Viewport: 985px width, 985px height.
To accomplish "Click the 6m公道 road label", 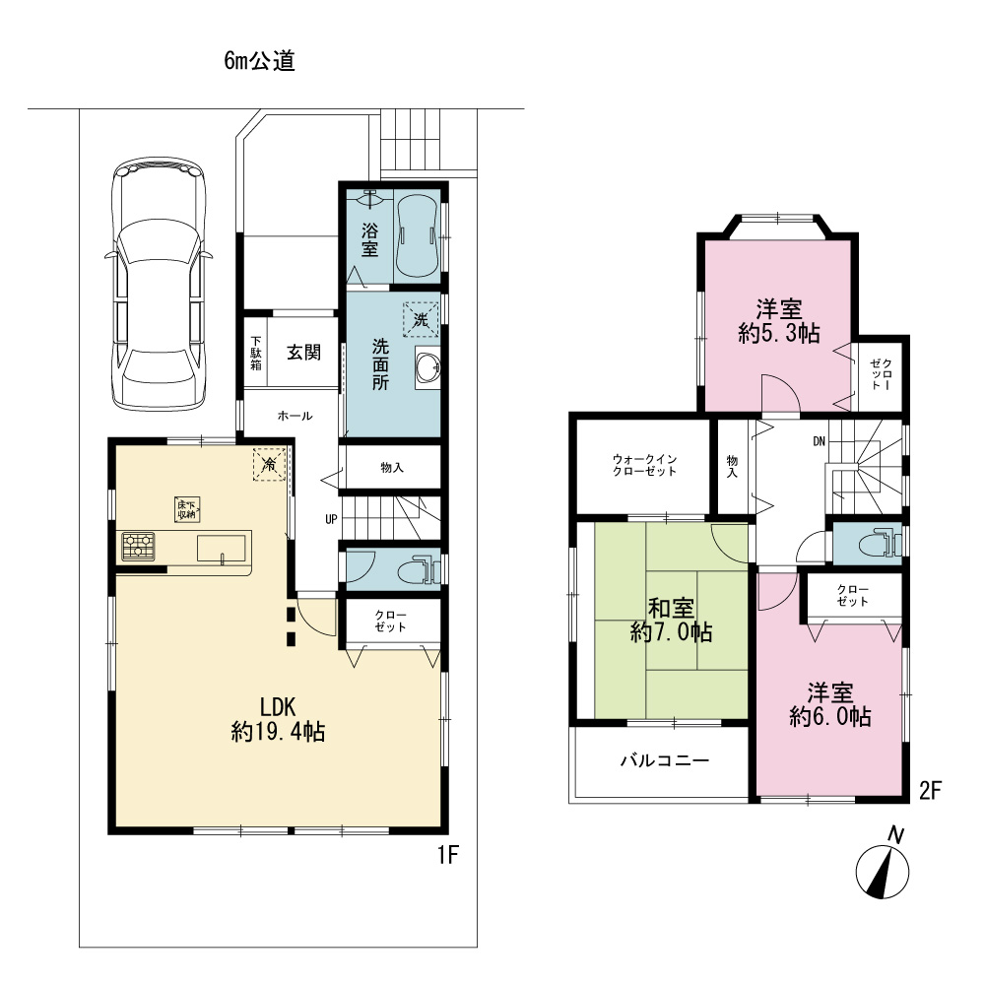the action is (x=259, y=61).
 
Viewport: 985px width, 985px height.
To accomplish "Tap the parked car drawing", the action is (x=159, y=284).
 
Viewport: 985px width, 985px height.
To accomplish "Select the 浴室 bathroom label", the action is (x=369, y=239).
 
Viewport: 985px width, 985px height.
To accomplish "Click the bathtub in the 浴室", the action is (x=418, y=236).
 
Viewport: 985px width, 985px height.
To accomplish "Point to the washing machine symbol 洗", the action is (x=421, y=320).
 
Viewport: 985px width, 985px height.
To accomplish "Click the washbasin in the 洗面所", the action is (x=427, y=368).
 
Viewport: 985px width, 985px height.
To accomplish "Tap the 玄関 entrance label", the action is (x=304, y=353).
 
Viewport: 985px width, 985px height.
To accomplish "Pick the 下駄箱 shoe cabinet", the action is (x=256, y=353).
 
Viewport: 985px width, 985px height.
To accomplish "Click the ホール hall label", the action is (x=295, y=416).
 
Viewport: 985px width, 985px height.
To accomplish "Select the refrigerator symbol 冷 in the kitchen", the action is (x=270, y=464).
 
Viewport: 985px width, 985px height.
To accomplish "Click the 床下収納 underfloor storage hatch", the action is (x=187, y=509).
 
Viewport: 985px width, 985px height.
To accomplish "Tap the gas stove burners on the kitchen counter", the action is (x=138, y=546).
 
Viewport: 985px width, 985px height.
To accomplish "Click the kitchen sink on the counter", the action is (x=221, y=548).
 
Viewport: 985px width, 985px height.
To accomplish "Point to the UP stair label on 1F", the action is (x=331, y=519).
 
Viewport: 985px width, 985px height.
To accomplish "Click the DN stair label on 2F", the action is (x=819, y=441).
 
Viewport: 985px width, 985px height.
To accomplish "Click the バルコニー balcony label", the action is (x=665, y=760).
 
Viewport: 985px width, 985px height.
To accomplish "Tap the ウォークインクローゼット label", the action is (x=644, y=466).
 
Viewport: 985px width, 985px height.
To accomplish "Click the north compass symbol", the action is (x=883, y=867).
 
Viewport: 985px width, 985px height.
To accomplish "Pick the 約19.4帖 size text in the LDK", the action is (x=278, y=732).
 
